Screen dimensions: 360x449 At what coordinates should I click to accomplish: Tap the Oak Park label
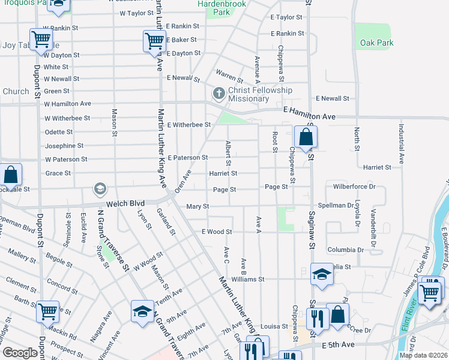tap(377, 43)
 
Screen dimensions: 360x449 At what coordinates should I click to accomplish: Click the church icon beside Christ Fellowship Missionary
tap(218, 94)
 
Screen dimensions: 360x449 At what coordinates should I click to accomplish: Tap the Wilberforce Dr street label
tap(354, 187)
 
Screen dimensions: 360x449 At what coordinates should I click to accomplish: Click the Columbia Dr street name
tap(345, 250)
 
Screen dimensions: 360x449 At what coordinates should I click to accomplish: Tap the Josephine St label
tap(64, 146)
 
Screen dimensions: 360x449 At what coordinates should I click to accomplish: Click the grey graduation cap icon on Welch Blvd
tap(100, 190)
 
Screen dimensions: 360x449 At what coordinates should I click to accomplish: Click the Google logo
tap(20, 353)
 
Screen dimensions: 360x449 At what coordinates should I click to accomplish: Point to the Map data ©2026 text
tap(423, 355)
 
